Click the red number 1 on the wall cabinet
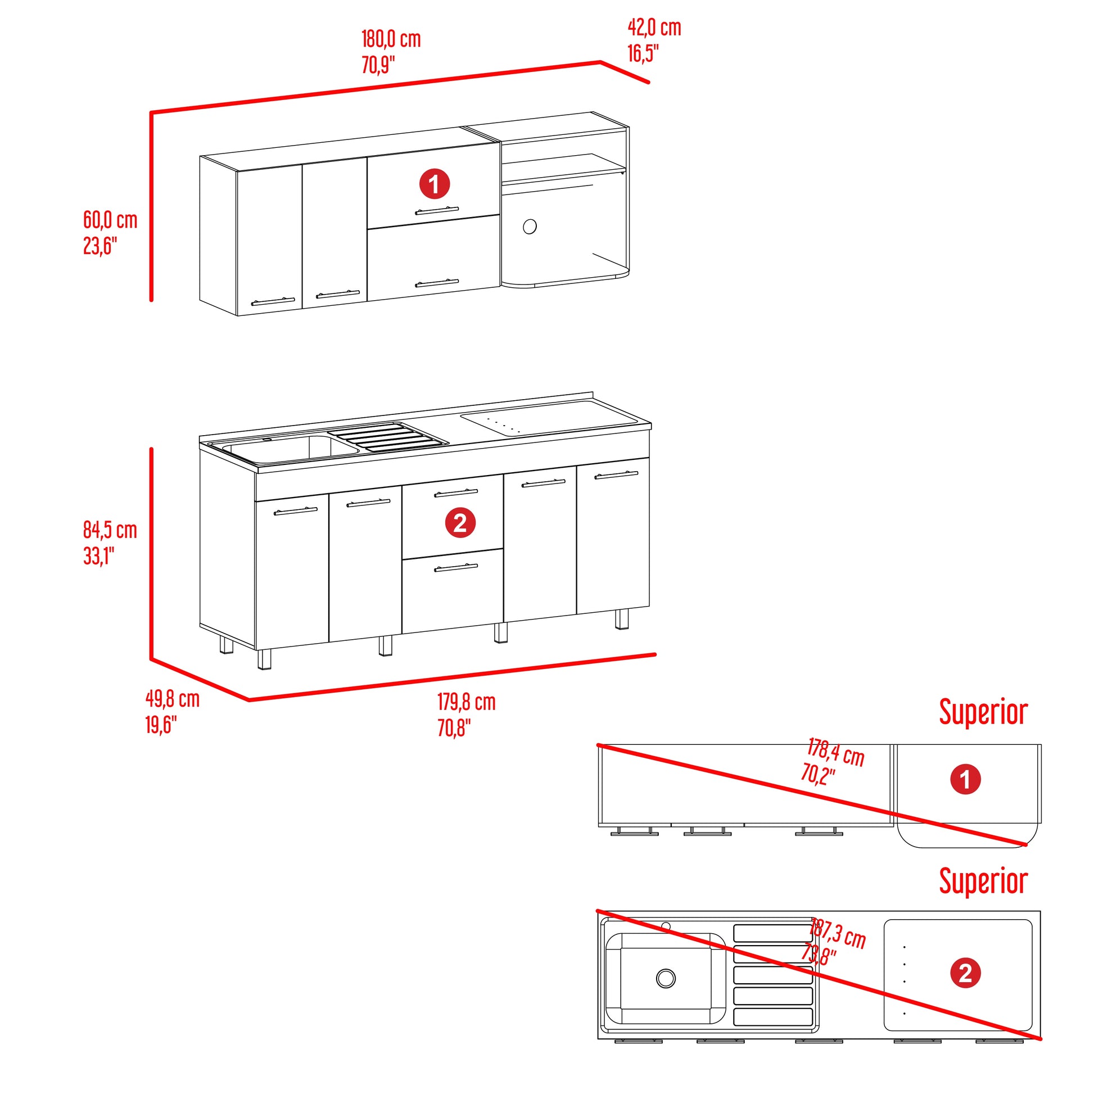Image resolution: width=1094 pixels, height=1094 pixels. point(435,184)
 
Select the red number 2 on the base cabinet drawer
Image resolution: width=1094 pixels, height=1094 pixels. point(460,523)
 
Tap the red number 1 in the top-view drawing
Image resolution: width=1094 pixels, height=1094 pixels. point(965,779)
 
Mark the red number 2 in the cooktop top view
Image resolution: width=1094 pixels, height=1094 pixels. point(965,973)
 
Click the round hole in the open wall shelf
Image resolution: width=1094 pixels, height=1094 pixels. point(530,227)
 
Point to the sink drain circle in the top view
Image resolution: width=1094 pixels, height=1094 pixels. point(666,978)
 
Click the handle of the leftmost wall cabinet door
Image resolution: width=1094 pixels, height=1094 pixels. point(273,301)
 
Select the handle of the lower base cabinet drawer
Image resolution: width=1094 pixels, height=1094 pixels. point(456,567)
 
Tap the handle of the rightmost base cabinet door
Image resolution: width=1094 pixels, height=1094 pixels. point(616,474)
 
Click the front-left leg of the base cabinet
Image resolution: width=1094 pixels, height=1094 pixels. point(264,659)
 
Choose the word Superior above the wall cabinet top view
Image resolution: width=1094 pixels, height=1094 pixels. point(983,712)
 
